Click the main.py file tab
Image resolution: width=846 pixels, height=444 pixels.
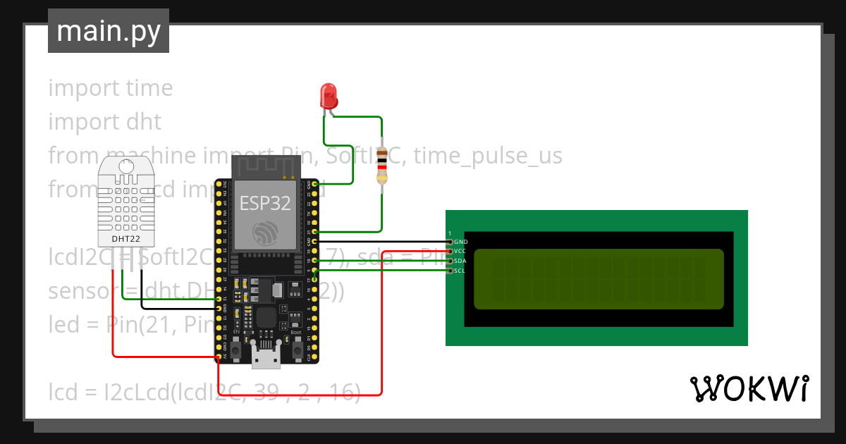coord(108,31)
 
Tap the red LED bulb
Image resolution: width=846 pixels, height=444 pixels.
coord(328,95)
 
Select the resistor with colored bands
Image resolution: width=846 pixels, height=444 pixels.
coord(381,166)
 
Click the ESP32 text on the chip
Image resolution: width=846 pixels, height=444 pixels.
coord(265,203)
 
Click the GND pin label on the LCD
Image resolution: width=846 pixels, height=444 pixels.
coord(460,242)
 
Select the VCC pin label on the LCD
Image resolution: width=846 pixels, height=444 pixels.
coord(460,251)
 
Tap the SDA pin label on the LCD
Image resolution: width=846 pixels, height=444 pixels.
coord(460,261)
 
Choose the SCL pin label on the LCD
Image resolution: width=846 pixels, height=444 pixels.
coord(460,271)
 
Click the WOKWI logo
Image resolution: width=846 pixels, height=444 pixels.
coord(749,388)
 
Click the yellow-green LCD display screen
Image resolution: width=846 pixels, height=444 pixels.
coord(599,279)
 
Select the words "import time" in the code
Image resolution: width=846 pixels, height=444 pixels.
coord(111,88)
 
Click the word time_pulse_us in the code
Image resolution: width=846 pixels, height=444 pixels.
coord(488,155)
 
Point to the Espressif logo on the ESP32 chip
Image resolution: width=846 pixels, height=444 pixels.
coord(265,234)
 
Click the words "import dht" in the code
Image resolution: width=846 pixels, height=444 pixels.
coord(105,122)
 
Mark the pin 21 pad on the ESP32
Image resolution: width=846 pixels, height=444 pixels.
coord(314,231)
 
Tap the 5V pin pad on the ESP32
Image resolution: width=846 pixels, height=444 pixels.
coord(219,358)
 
